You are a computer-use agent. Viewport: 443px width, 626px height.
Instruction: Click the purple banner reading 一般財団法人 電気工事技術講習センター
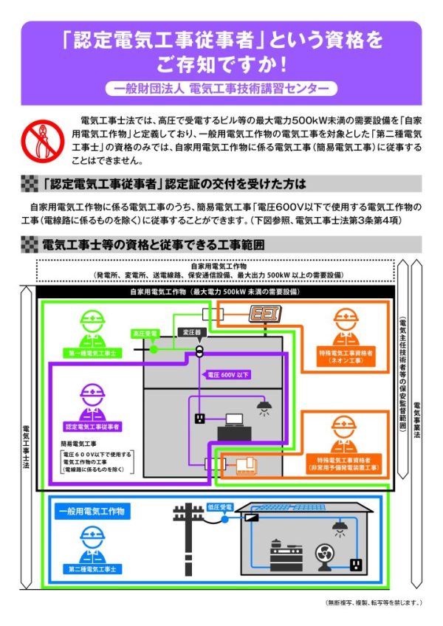[x=221, y=88]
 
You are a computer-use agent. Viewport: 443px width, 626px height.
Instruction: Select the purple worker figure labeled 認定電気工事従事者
[x=93, y=403]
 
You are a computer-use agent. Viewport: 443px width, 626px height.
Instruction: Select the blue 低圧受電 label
[x=221, y=507]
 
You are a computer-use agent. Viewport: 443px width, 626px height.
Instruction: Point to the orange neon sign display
[x=263, y=314]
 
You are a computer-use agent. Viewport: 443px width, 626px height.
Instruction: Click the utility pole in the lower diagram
[x=187, y=537]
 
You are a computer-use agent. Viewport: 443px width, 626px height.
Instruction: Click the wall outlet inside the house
[x=354, y=565]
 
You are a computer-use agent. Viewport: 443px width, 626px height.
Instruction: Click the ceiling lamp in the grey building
[x=263, y=405]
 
